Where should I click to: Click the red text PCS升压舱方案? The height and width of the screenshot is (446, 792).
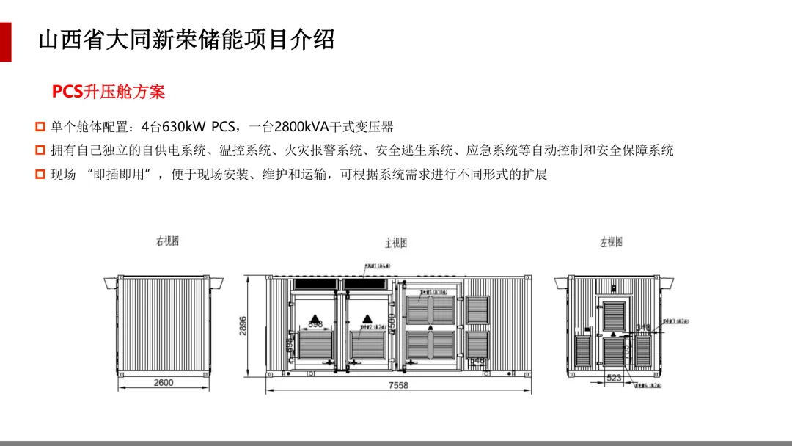pos(109,92)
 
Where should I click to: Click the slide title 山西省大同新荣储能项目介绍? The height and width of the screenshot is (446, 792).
pos(186,39)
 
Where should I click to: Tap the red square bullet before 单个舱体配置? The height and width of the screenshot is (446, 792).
pos(40,127)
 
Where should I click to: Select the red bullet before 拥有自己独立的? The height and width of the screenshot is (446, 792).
pos(40,150)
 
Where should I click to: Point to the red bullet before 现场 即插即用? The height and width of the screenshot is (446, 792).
pos(40,175)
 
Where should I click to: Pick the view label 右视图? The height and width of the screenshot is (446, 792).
pos(167,241)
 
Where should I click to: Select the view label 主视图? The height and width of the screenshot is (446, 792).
pos(396,243)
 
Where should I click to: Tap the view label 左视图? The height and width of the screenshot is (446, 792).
pos(611,241)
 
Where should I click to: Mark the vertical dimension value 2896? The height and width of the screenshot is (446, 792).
pos(243,326)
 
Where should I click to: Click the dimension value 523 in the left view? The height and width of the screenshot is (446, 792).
pos(614,378)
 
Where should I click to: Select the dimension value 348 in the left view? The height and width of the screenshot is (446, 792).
pos(642,327)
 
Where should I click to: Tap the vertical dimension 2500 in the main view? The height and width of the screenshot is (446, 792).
pos(392,324)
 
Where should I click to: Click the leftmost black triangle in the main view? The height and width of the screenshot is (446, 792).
pos(315,319)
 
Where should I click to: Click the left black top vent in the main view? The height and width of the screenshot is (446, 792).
pos(315,283)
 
